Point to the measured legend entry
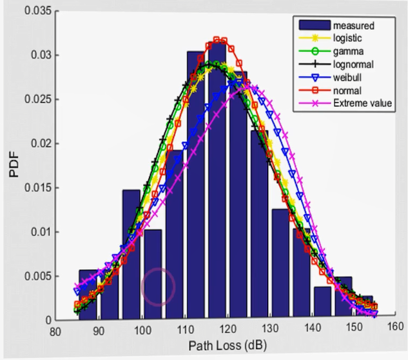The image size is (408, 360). pyautogui.click(x=353, y=26)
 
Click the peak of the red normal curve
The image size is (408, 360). pyautogui.click(x=217, y=40)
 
